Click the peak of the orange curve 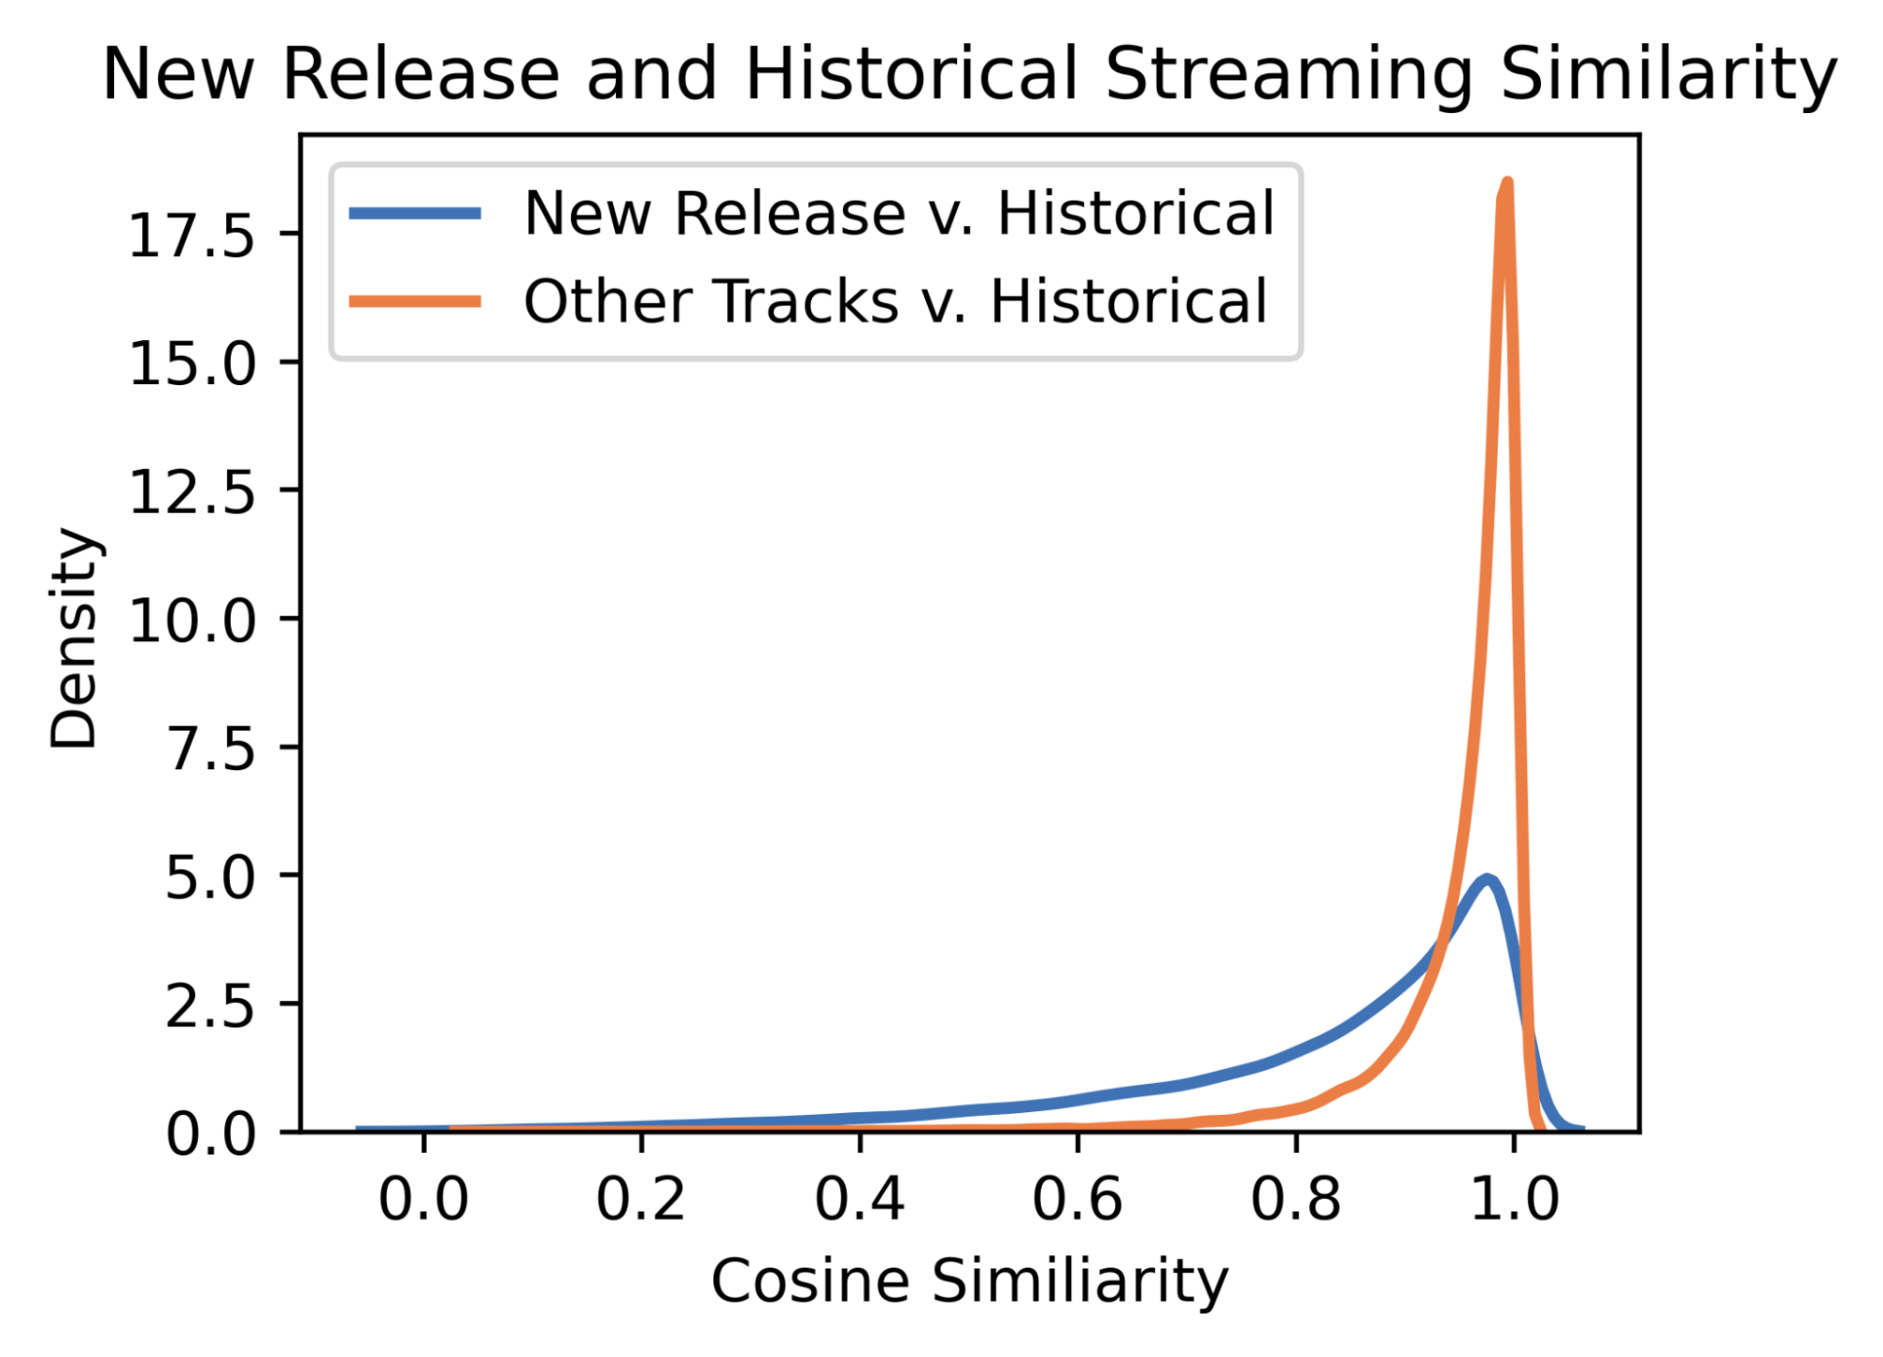coord(1507,183)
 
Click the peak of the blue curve coord(1487,880)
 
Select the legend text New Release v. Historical coord(899,214)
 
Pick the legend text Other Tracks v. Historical coord(895,302)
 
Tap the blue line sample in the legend coord(415,214)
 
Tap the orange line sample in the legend coord(415,302)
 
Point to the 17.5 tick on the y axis coord(192,235)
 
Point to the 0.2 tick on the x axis coord(641,1200)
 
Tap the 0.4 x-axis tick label coord(860,1200)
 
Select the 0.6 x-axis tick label coord(1078,1200)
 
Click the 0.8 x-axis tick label coord(1296,1200)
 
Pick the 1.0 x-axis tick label coord(1514,1200)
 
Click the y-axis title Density coord(73,638)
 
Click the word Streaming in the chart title coord(1290,75)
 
